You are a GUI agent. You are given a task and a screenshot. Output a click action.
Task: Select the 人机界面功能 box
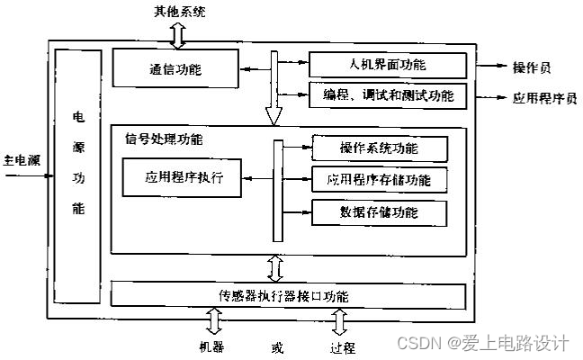pyautogui.click(x=388, y=65)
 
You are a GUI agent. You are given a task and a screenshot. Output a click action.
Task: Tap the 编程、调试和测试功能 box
pyautogui.click(x=388, y=94)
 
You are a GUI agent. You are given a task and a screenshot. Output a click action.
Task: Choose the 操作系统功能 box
pyautogui.click(x=379, y=148)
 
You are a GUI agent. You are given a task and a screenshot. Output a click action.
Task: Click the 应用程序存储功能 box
pyautogui.click(x=379, y=180)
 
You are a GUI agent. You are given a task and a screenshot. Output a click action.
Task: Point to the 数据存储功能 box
pyautogui.click(x=379, y=212)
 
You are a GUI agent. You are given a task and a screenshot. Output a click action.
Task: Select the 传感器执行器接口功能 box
pyautogui.click(x=289, y=295)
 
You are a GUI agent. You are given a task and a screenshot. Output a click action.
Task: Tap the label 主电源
pyautogui.click(x=22, y=161)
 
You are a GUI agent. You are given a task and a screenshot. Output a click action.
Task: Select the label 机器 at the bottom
pyautogui.click(x=212, y=345)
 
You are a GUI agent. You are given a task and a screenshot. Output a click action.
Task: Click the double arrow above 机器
pyautogui.click(x=213, y=321)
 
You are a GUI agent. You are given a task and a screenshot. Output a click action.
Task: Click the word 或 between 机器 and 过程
pyautogui.click(x=275, y=346)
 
